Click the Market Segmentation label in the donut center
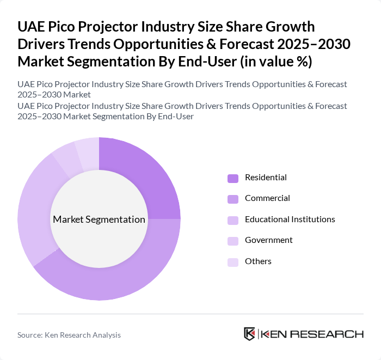[99, 219]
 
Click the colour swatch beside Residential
[233, 178]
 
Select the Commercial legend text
[267, 198]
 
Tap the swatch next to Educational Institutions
[233, 220]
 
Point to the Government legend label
[268, 240]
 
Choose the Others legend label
[258, 261]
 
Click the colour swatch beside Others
[233, 262]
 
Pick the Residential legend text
[266, 178]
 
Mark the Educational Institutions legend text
[290, 219]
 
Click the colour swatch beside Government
[233, 241]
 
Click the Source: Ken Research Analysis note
[69, 335]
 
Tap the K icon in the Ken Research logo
[250, 334]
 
